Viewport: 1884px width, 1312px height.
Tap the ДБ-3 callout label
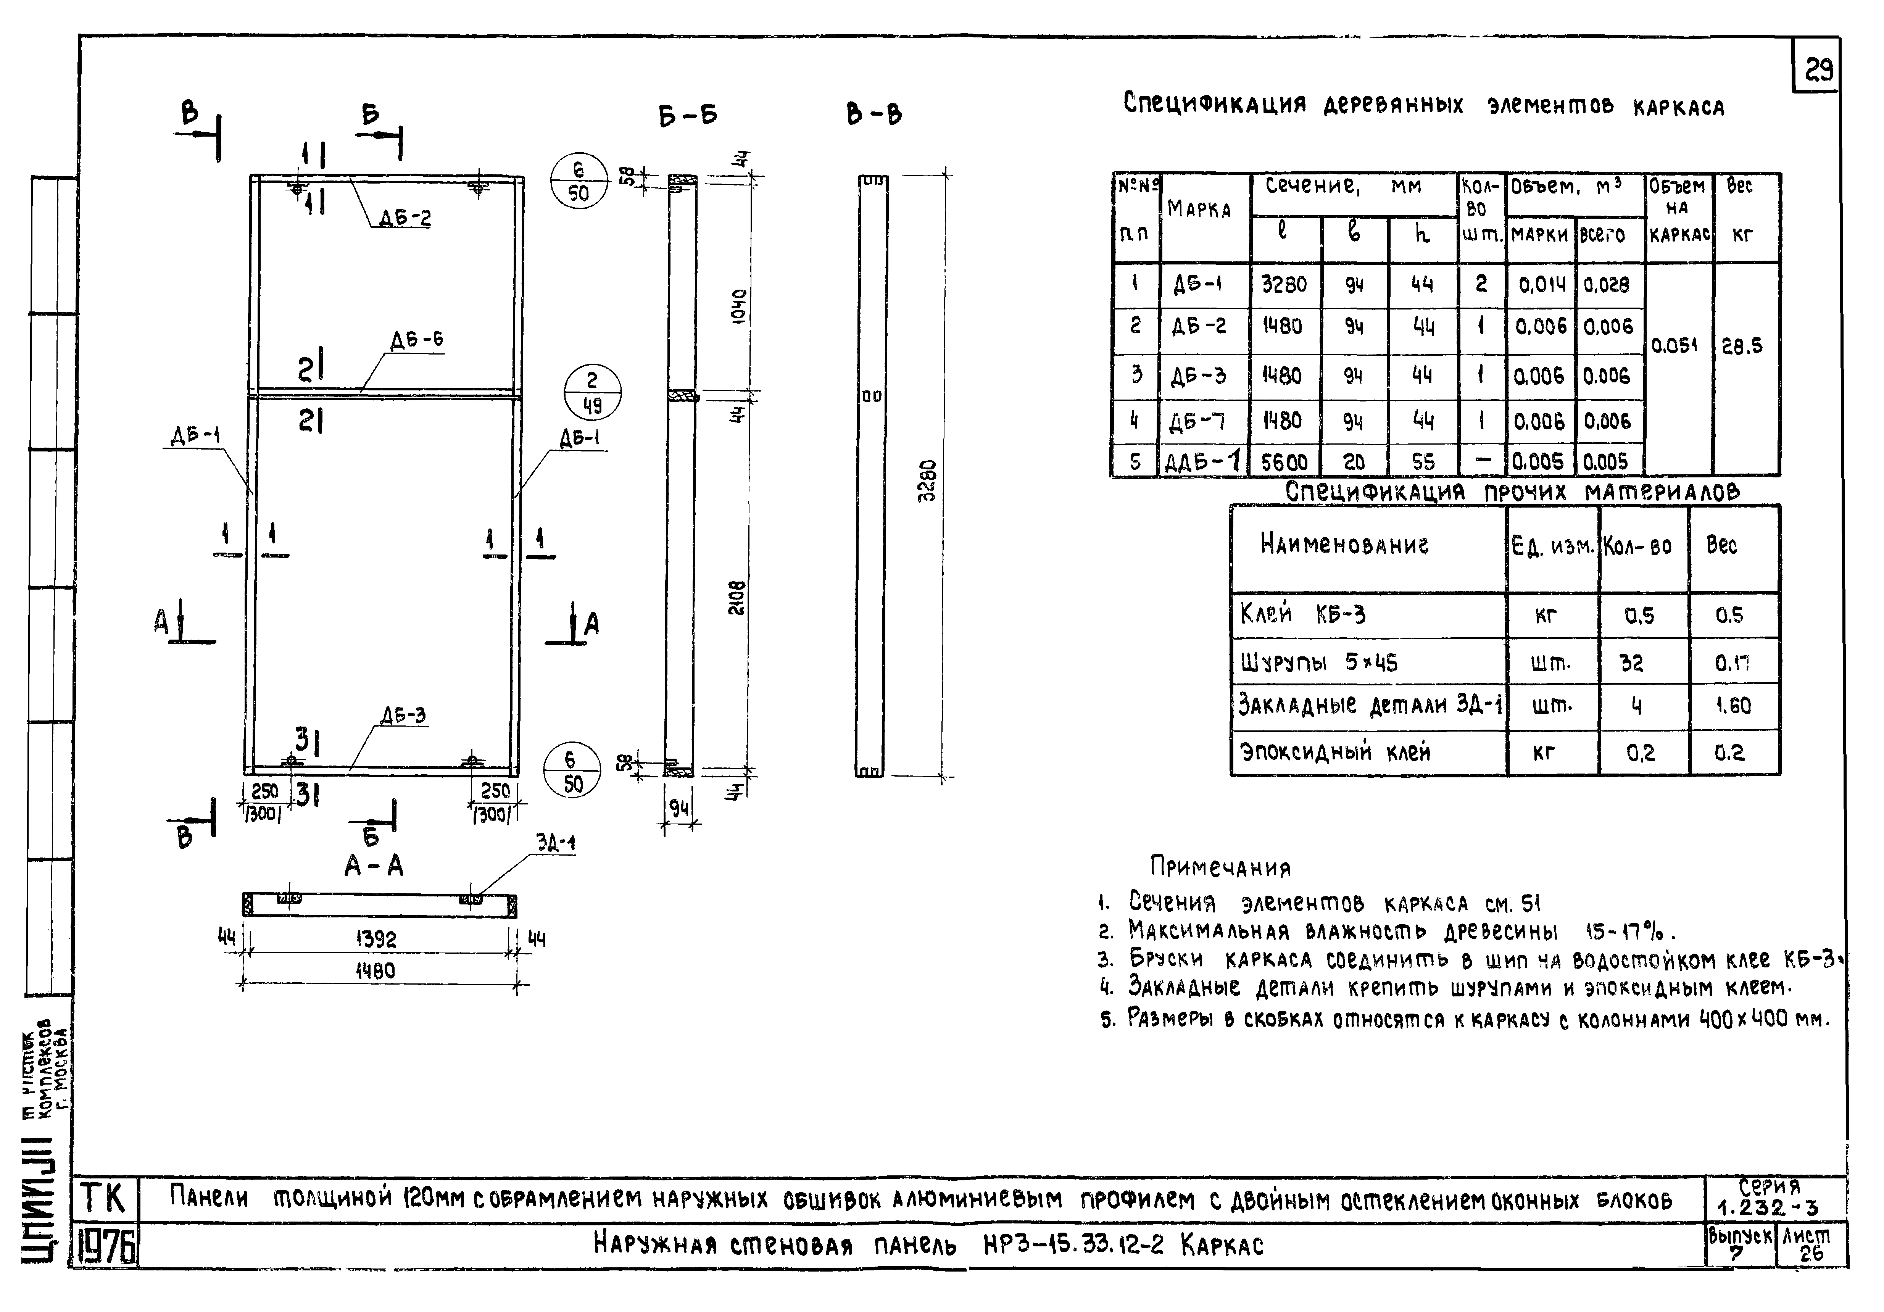(403, 716)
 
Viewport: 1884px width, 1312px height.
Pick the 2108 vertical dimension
(738, 599)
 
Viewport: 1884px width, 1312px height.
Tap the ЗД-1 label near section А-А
(556, 843)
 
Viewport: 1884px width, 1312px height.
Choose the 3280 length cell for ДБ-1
(1284, 285)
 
